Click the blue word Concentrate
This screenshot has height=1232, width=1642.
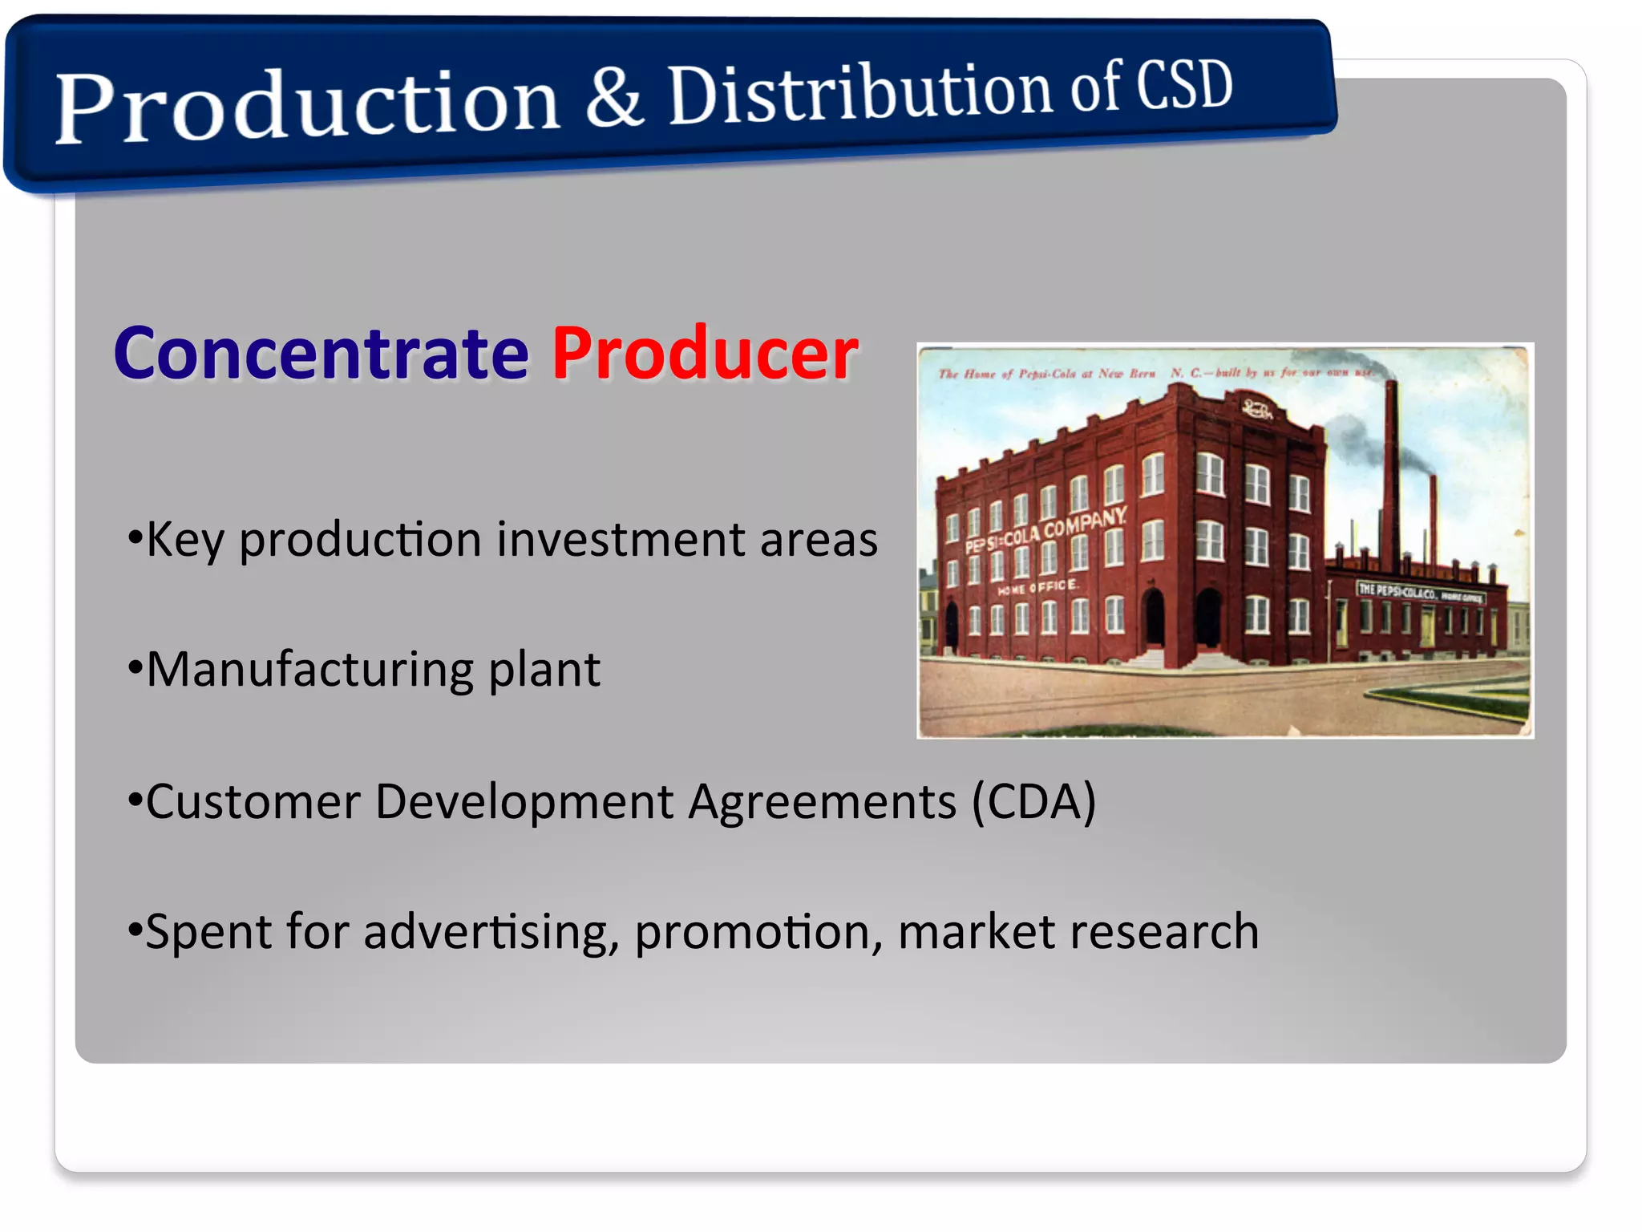[x=321, y=354]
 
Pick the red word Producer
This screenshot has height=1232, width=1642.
[x=705, y=354]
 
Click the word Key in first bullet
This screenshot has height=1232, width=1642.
[x=185, y=540]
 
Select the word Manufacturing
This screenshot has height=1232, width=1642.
[x=309, y=670]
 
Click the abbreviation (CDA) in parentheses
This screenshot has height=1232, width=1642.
[x=1033, y=801]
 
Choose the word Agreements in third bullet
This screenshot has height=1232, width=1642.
[x=823, y=801]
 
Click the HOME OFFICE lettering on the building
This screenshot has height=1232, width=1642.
[x=1038, y=587]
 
